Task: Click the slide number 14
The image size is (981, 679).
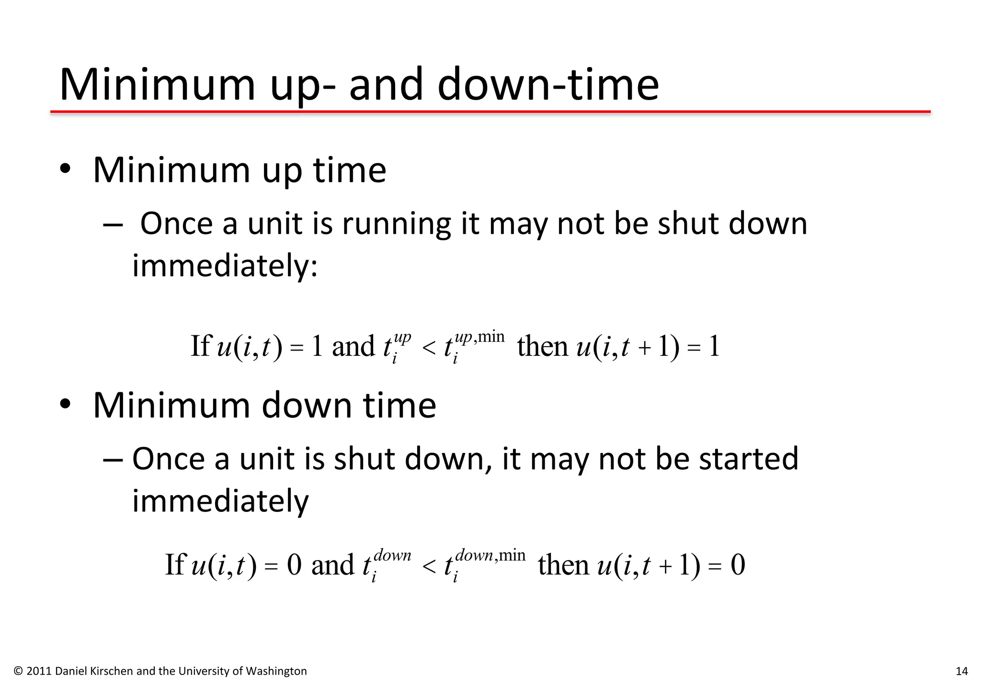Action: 961,671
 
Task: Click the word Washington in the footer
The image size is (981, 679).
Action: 276,671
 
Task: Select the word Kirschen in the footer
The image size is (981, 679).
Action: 114,671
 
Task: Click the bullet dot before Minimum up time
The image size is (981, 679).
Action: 65,170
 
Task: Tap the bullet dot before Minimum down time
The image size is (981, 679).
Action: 65,405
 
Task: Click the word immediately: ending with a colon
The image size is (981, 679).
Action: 225,266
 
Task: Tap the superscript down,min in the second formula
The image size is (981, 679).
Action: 490,555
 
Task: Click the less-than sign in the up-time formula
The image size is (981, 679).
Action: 429,348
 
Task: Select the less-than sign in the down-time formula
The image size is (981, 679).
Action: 429,566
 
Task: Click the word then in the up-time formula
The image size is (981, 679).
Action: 542,347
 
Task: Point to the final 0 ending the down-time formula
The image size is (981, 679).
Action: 738,565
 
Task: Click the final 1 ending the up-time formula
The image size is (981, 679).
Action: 714,347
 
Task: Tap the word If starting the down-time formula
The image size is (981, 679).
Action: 175,565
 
